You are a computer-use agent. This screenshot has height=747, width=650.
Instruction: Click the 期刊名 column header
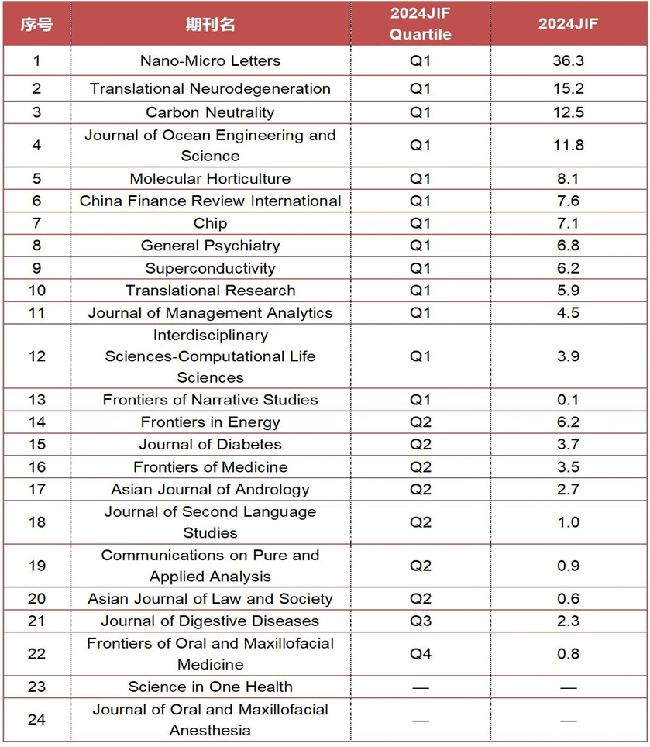(x=210, y=23)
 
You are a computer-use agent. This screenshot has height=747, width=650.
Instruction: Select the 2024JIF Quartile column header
(x=420, y=23)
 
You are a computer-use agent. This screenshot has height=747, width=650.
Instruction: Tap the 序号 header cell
(x=36, y=23)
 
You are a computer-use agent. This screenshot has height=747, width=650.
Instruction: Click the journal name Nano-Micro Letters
(x=210, y=60)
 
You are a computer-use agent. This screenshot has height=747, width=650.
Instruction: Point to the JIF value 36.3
(x=568, y=60)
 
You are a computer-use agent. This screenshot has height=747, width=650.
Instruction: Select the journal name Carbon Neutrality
(x=210, y=112)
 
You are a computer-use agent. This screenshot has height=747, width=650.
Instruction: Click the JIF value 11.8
(x=568, y=145)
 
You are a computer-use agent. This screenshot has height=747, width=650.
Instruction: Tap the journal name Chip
(x=210, y=223)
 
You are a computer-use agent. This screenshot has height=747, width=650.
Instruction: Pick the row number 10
(x=36, y=291)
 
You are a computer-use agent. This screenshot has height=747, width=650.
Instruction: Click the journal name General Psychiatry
(x=210, y=246)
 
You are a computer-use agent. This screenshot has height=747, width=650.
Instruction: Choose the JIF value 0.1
(x=568, y=400)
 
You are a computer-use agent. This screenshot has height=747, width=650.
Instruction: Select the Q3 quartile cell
(x=420, y=621)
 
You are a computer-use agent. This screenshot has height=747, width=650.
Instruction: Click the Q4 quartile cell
(x=420, y=653)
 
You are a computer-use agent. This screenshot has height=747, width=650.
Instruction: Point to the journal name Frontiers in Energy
(x=210, y=422)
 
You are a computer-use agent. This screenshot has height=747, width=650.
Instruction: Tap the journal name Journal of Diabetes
(x=210, y=444)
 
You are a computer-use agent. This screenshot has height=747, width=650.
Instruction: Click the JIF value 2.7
(x=568, y=489)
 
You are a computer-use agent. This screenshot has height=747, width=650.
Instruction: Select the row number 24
(x=36, y=719)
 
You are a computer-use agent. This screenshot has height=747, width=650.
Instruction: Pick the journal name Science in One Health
(x=210, y=687)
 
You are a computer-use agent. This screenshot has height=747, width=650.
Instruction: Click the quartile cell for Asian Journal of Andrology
(x=420, y=489)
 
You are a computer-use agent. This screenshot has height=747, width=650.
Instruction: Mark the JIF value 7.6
(x=568, y=201)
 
